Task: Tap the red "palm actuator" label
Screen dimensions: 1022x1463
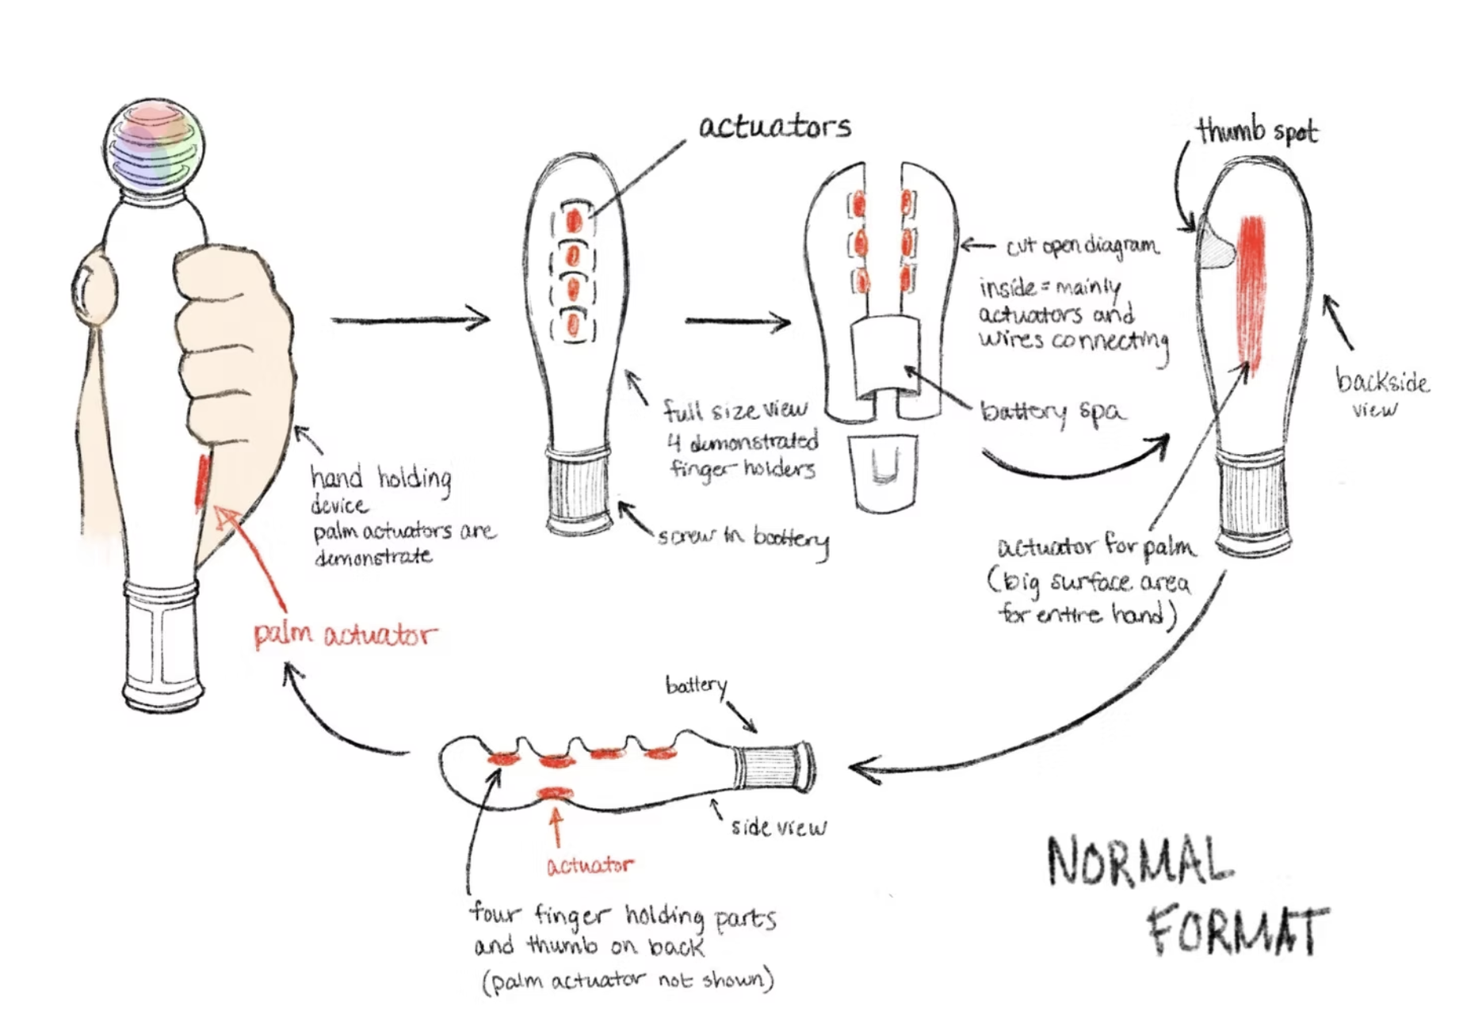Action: pos(345,635)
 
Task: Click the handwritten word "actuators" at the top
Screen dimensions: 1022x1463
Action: pos(774,127)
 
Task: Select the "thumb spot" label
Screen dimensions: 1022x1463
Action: pos(1257,132)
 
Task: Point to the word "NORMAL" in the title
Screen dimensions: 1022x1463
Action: pos(1140,861)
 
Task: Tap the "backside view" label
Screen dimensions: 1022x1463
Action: pos(1382,394)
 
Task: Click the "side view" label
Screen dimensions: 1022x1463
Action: pos(777,827)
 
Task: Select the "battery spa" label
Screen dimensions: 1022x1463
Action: pos(1052,411)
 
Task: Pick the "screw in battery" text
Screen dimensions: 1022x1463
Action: pos(743,538)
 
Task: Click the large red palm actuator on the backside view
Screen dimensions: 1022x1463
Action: pos(1251,293)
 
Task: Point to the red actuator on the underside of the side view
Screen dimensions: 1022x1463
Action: pos(555,792)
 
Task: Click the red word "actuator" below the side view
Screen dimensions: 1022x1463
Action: pos(590,864)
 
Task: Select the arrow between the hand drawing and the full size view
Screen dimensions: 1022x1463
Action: pos(411,320)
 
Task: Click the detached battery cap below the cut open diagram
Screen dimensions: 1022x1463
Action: pos(884,471)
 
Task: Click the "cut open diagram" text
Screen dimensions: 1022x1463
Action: pos(1082,247)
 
